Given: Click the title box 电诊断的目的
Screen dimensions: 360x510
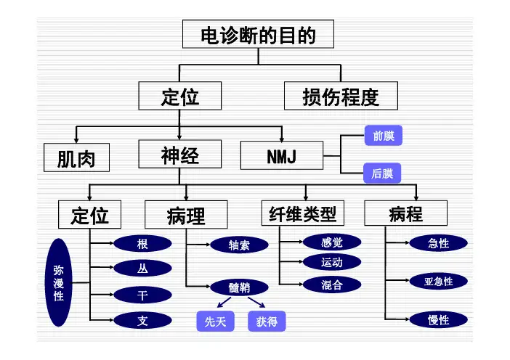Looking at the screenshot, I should pos(258,35).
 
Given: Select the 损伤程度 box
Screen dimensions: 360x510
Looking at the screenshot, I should pos(341,96).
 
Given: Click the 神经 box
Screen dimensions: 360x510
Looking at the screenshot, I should pos(179,155).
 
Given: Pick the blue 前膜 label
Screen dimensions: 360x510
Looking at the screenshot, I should pos(382,136).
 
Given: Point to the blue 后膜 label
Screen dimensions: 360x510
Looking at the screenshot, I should pos(382,173).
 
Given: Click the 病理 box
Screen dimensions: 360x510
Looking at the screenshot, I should pos(186,215).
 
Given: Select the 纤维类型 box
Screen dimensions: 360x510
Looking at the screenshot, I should pos(302,214).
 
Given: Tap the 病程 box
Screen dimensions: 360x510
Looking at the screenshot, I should pos(405,214).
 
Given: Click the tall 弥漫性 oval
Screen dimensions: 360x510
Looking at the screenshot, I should pos(59,283).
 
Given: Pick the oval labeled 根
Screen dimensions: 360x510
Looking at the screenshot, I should pos(143,245).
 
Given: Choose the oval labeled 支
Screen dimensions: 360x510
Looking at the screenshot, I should pos(143,320).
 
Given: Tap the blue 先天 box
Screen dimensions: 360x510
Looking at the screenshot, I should pos(216,322).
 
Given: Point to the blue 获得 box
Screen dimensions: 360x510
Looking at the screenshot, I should pos(267,322).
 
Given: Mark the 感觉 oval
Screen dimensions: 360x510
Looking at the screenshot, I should pos(331,242).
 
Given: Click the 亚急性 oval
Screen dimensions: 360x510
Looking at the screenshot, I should pos(439,281).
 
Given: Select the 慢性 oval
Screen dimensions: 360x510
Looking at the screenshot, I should pos(439,319).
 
